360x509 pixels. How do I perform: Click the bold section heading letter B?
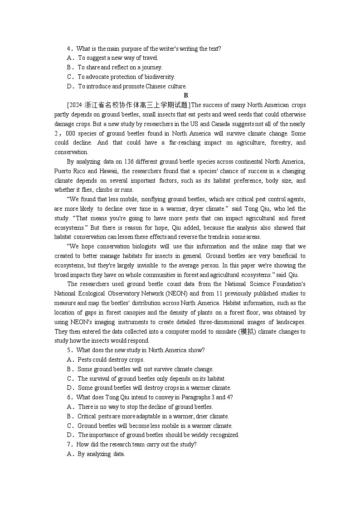pos(185,95)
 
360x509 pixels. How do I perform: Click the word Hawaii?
pos(109,171)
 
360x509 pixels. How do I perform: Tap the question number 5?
pos(69,350)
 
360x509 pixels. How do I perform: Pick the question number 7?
pos(69,445)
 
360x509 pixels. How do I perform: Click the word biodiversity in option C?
pos(159,77)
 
